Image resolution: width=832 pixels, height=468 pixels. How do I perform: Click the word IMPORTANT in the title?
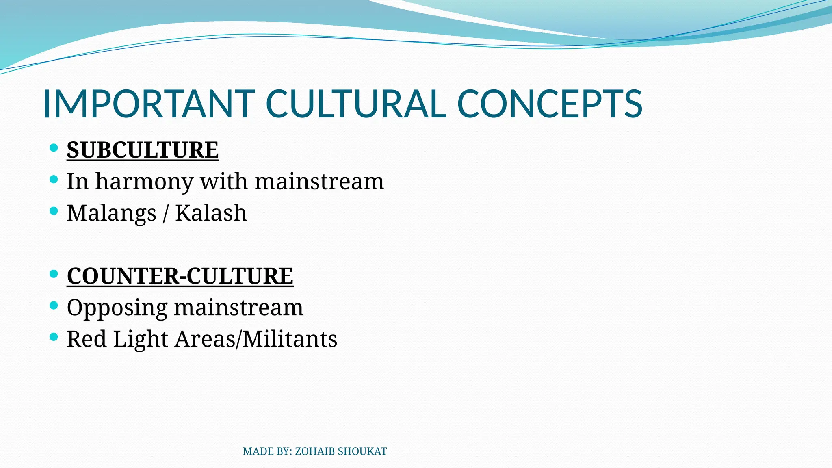pos(148,104)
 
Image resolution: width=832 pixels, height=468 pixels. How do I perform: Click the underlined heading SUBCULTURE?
pos(143,150)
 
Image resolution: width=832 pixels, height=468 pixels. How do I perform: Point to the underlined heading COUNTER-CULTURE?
pos(180,276)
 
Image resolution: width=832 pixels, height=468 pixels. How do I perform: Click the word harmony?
pos(144,182)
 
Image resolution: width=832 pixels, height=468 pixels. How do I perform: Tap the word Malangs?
pos(111,213)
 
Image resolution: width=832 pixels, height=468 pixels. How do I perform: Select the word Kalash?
pos(211,213)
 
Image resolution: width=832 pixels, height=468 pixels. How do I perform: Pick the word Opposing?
pos(117,308)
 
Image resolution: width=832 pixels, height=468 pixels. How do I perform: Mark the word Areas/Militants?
pos(256,339)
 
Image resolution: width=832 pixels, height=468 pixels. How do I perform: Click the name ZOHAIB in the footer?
pos(315,451)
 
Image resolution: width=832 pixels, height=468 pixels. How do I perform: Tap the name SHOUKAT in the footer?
pos(362,451)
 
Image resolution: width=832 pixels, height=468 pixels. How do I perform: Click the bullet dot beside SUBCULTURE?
pos(54,148)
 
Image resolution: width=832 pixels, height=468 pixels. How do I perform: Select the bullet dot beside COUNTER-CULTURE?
pos(54,274)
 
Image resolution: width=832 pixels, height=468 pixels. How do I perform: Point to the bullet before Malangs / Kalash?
pos(54,211)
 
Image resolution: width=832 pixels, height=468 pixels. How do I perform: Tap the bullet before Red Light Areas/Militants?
pos(54,337)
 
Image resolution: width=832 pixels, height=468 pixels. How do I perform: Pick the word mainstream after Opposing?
pos(238,308)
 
